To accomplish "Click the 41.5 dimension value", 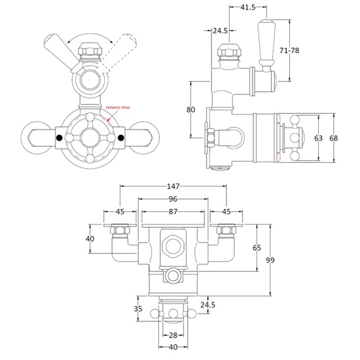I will (247, 9).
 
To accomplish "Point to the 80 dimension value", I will (191, 109).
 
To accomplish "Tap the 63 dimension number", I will (319, 138).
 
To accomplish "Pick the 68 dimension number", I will (334, 138).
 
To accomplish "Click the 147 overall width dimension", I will (173, 187).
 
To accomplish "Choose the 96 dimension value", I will (173, 200).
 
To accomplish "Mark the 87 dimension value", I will (173, 213).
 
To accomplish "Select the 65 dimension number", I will (257, 248).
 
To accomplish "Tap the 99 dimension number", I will (270, 261).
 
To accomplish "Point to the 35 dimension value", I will (138, 308).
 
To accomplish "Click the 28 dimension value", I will (173, 335).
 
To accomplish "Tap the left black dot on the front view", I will (60, 138).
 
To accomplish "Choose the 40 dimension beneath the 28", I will (173, 348).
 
